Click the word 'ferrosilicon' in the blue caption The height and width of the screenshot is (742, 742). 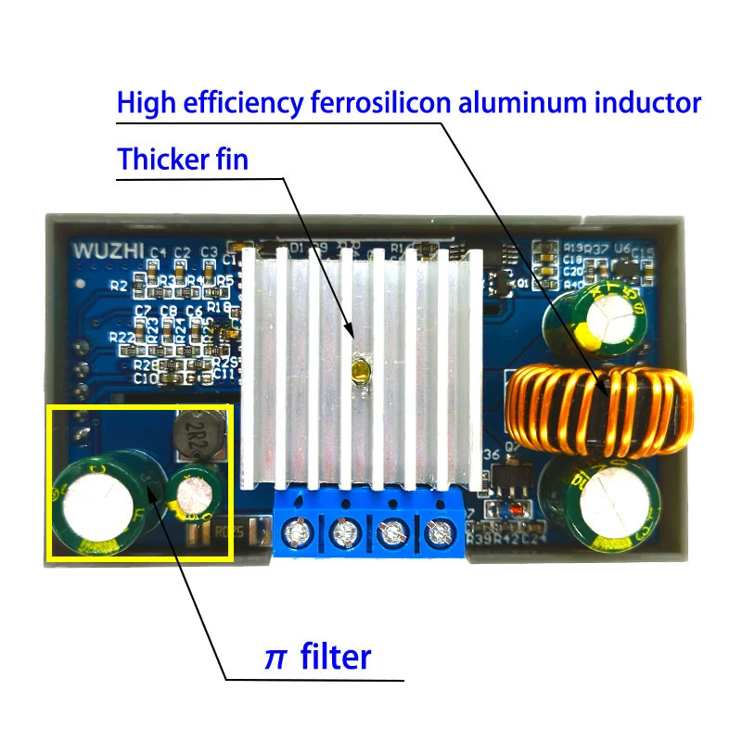379,102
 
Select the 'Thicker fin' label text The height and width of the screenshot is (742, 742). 183,159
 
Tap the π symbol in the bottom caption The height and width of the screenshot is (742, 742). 275,658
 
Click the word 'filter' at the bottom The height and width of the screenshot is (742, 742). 336,657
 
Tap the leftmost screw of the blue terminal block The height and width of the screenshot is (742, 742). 299,534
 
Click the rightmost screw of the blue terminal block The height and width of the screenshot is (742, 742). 440,534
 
